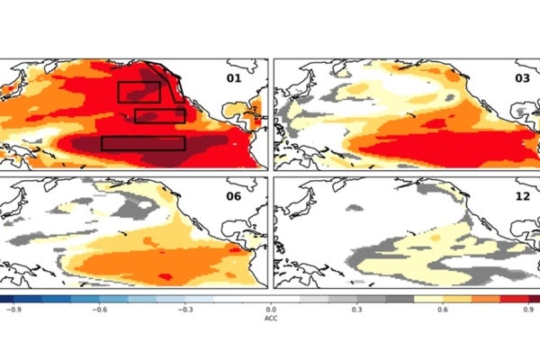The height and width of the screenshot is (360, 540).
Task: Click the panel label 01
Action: (x=233, y=78)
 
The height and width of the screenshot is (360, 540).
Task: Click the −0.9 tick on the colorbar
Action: (x=14, y=309)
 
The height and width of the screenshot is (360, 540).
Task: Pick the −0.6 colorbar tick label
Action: (x=101, y=309)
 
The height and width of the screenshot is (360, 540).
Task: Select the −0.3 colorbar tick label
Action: (x=187, y=309)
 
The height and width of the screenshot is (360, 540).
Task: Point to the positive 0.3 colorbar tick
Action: (x=357, y=309)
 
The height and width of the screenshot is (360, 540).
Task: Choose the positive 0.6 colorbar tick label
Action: (x=443, y=309)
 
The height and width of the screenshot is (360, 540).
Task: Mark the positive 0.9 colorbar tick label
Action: (x=528, y=309)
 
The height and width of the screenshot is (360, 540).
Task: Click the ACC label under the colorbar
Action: (x=271, y=319)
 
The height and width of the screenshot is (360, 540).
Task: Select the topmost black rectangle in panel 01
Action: (x=139, y=91)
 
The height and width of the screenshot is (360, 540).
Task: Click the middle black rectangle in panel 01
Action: (x=159, y=115)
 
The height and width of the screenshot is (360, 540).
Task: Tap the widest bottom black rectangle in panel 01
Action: (x=142, y=143)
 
